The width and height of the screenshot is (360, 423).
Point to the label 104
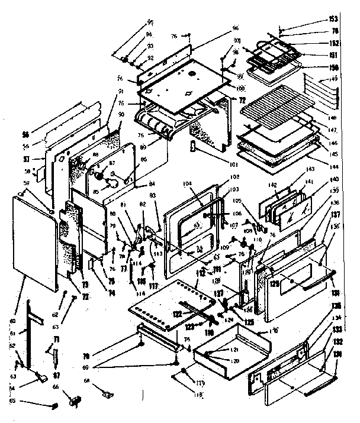(x=188, y=185)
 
